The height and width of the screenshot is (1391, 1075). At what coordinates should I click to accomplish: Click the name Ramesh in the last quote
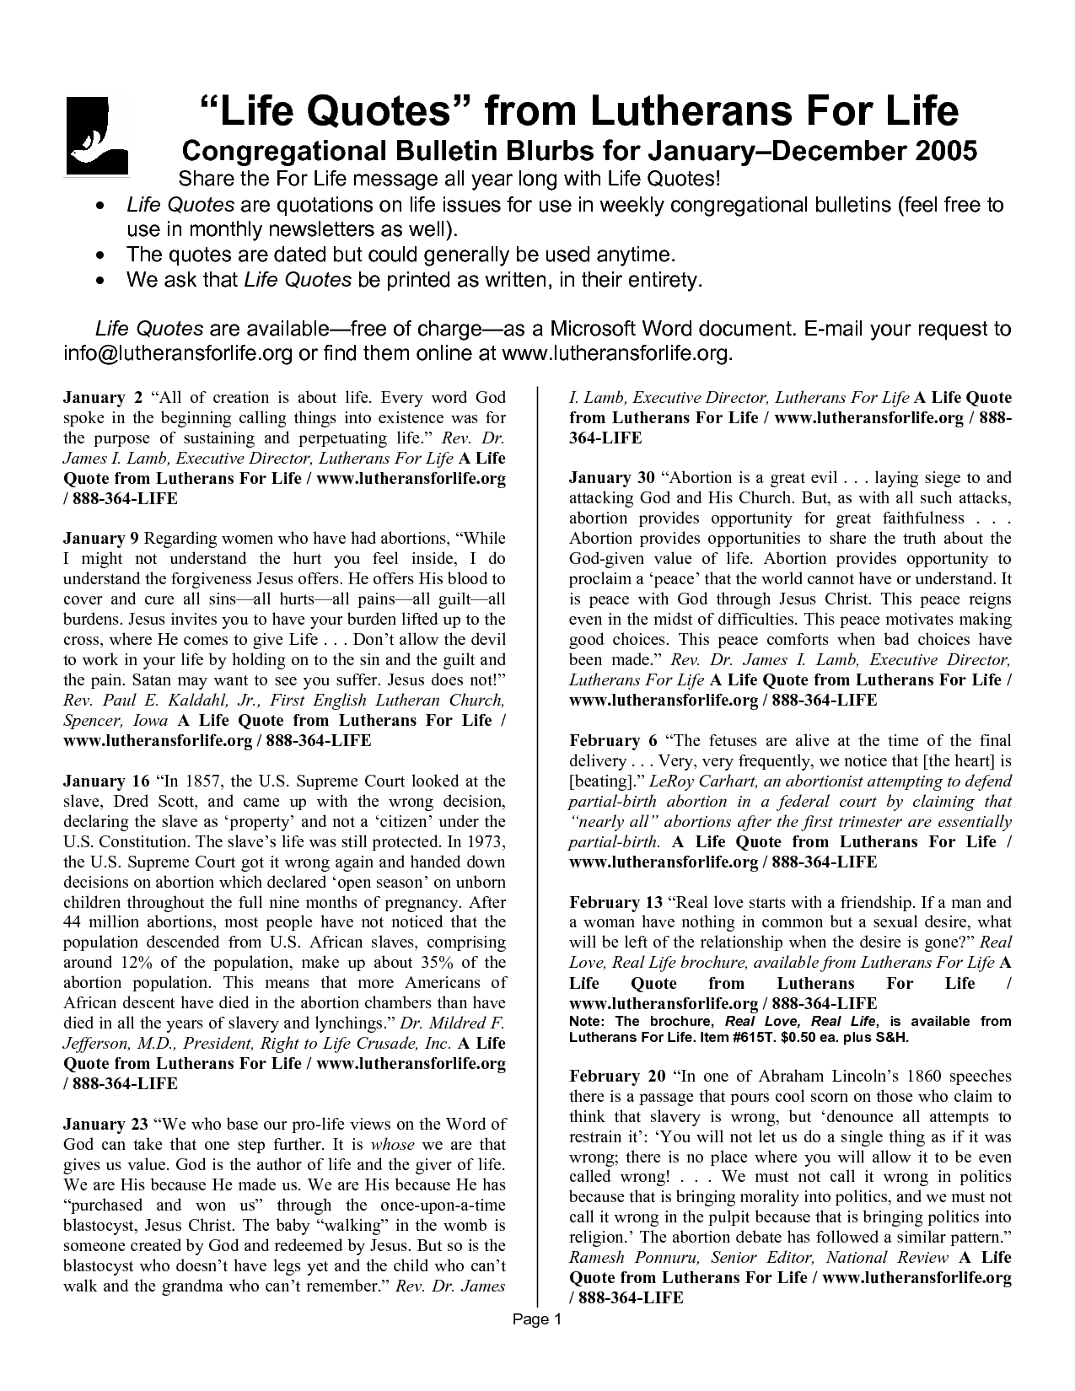point(601,1258)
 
